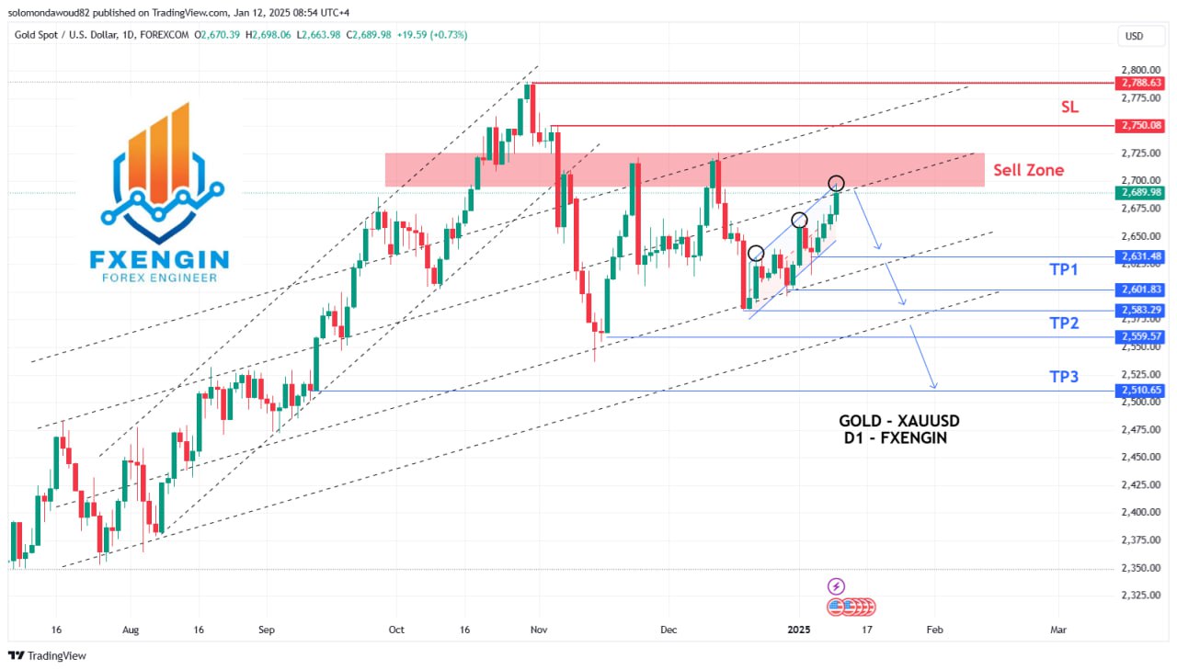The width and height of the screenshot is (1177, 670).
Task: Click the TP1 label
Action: (x=1064, y=269)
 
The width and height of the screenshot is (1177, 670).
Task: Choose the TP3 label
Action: (x=1064, y=376)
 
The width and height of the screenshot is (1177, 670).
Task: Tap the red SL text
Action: (x=1069, y=107)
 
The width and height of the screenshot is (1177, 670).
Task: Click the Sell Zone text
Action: (x=1028, y=170)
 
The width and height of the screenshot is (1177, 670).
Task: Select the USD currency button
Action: (x=1134, y=36)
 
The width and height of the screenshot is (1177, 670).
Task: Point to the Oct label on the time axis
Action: (x=396, y=630)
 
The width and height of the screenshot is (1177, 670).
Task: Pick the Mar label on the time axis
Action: (x=1058, y=630)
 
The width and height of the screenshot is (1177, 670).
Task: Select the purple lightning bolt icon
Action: (x=836, y=585)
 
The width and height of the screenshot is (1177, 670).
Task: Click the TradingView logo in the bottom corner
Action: (x=47, y=655)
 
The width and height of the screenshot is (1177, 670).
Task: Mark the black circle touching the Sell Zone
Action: (x=836, y=183)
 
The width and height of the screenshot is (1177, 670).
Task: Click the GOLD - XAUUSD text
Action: (x=898, y=421)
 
